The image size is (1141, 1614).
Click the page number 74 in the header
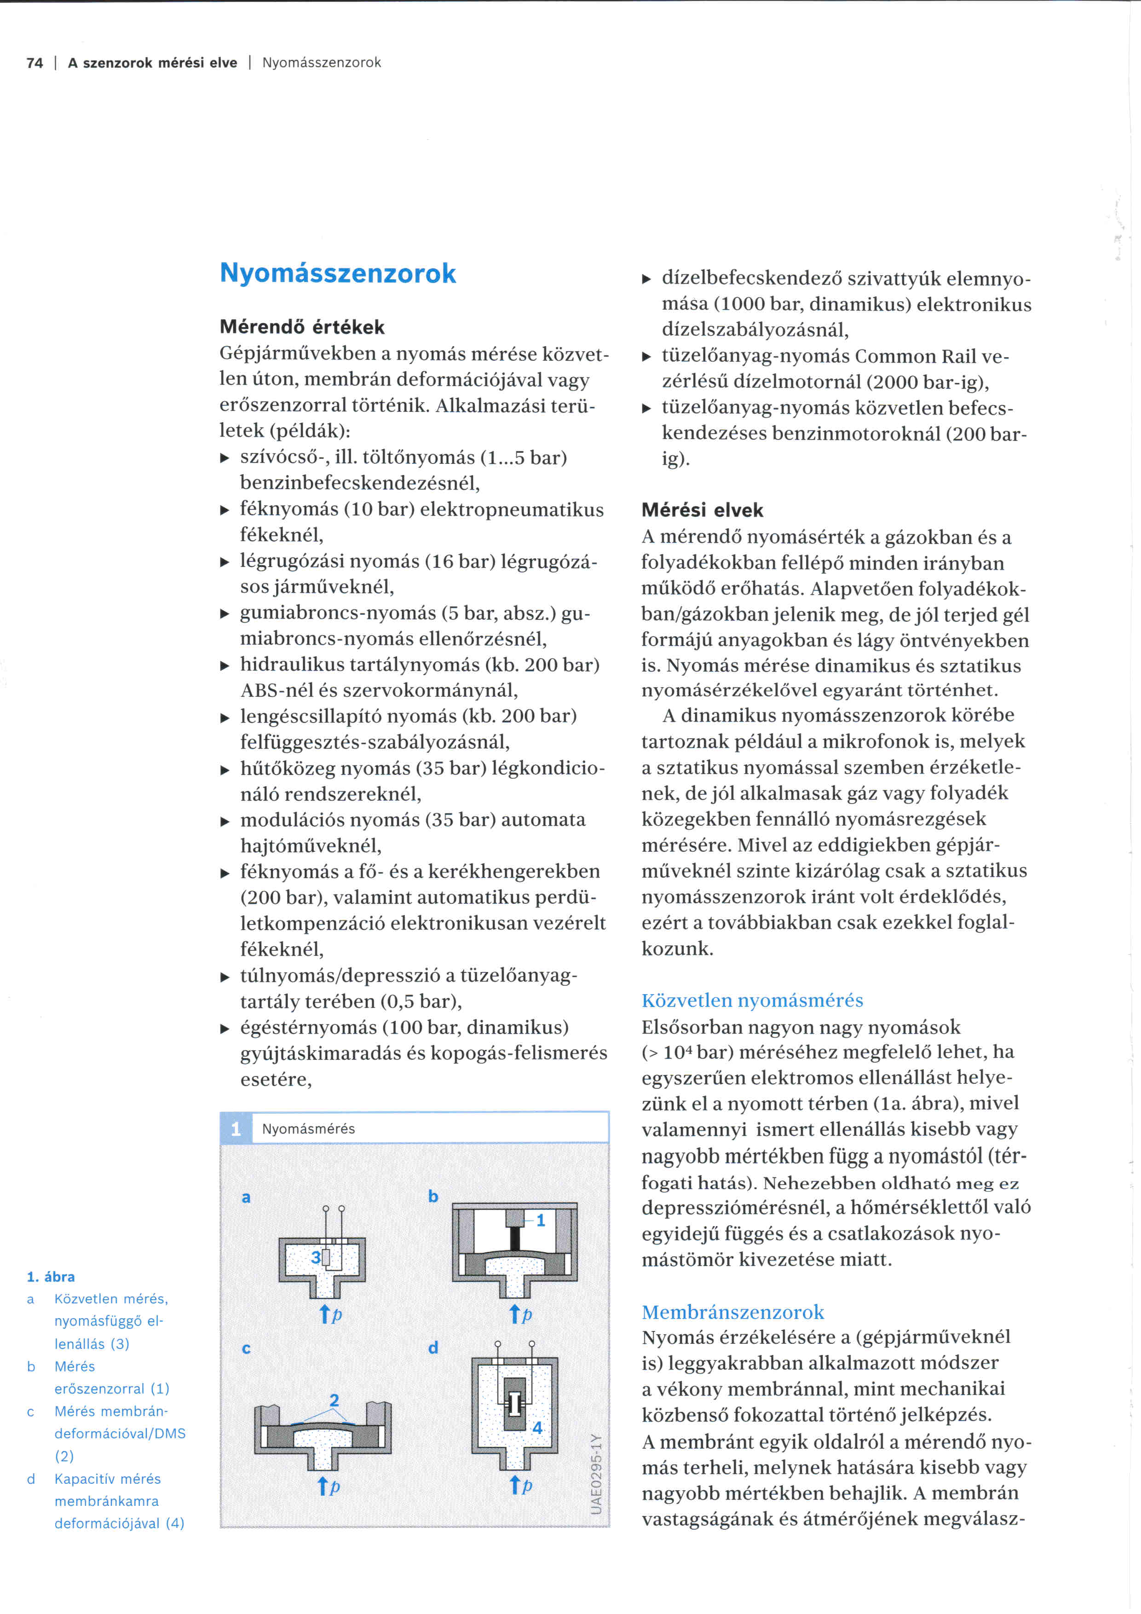coord(35,63)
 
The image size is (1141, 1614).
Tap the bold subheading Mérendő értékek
coord(302,327)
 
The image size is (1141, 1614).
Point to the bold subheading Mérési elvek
coord(702,510)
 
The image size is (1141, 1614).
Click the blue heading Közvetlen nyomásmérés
coord(752,1001)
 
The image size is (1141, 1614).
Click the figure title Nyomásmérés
coord(308,1129)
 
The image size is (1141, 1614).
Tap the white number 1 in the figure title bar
coord(236,1129)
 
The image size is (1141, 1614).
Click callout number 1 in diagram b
coord(540,1221)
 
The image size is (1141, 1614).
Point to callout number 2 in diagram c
coord(334,1400)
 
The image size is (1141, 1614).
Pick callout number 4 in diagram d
coord(537,1428)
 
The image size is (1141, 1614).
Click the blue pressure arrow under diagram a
coord(325,1314)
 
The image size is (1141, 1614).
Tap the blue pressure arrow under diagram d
coord(515,1485)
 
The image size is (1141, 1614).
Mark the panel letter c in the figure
coord(246,1348)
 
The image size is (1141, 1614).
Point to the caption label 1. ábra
coord(51,1277)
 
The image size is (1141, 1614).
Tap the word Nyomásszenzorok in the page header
coord(321,63)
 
